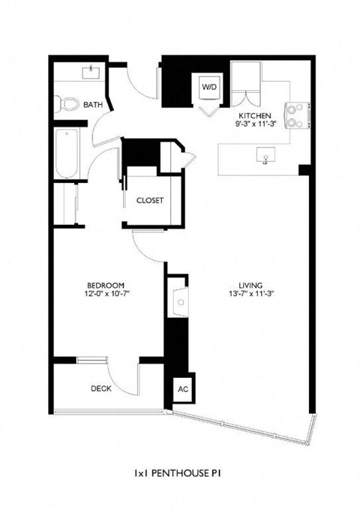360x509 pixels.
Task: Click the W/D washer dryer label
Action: click(208, 88)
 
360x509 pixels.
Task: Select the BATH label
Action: click(93, 105)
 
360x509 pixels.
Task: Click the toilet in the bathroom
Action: click(68, 103)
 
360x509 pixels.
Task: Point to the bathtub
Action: click(66, 153)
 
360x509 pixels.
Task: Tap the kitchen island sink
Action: click(264, 157)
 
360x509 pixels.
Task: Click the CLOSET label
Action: click(150, 201)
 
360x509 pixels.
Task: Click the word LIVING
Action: click(249, 285)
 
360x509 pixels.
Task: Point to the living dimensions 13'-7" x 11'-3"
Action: click(249, 294)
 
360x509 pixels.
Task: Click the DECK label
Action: click(100, 388)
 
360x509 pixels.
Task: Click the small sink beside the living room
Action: click(180, 301)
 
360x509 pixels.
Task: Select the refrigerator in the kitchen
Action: click(244, 78)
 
